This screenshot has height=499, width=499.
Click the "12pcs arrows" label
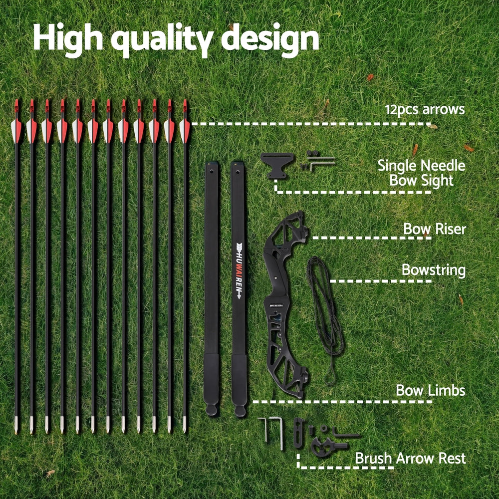coord(424,109)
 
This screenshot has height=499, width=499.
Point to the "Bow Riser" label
coord(434,229)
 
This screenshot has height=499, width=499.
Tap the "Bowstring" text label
coord(433,270)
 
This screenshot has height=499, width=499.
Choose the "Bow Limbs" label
coord(430,390)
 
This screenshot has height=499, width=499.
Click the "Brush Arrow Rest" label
coord(410,458)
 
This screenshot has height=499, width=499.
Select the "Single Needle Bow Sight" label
coord(421,173)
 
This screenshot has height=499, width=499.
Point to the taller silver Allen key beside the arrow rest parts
coord(280,433)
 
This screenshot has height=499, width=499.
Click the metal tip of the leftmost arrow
coord(16,426)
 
